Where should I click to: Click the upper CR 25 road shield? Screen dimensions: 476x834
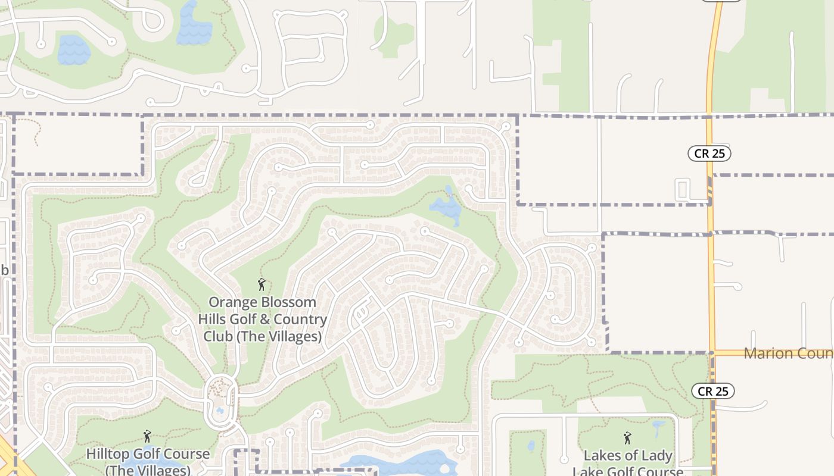(709, 154)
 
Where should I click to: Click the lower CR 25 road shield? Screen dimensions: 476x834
(713, 391)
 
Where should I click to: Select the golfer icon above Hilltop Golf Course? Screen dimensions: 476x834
(147, 437)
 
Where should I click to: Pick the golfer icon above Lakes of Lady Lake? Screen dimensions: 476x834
(627, 439)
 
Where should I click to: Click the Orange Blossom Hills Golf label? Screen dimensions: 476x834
(263, 320)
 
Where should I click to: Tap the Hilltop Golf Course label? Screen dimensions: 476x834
(148, 461)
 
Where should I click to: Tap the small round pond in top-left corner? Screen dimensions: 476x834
(74, 51)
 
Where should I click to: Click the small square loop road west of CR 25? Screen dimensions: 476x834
(683, 189)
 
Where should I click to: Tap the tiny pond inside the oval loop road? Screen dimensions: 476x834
(220, 411)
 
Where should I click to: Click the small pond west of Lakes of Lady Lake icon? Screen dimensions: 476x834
(531, 446)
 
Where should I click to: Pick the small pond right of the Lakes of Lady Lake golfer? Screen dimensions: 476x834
(659, 427)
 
